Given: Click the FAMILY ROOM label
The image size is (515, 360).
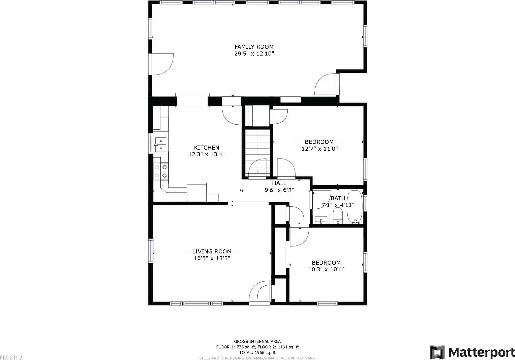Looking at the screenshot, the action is tap(254, 47).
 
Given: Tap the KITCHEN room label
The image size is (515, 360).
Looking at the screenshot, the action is tap(206, 148).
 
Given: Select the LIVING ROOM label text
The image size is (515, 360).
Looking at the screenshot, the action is tap(212, 251).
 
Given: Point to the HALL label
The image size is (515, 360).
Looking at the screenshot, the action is tap(279, 183).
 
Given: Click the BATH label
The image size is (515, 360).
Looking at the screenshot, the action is tap(338, 198).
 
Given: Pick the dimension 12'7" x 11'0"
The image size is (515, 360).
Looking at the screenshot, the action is tap(320, 149).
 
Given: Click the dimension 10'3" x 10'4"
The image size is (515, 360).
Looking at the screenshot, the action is tap(326, 269).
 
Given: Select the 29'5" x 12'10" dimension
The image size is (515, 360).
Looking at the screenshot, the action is tap(254, 54).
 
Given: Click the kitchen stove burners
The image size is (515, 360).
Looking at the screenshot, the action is tap(161, 171).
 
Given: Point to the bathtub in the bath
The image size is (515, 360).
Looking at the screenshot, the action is tap(354, 207).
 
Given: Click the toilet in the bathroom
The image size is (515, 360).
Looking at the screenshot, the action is tap(338, 216).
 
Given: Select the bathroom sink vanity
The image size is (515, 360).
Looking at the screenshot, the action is tap(322, 219).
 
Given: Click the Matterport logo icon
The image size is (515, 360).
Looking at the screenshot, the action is tap(437, 351).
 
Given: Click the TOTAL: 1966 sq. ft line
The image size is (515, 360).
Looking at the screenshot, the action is tap(257, 352).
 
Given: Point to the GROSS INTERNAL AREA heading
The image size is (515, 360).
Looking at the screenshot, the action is tap(257, 342).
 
